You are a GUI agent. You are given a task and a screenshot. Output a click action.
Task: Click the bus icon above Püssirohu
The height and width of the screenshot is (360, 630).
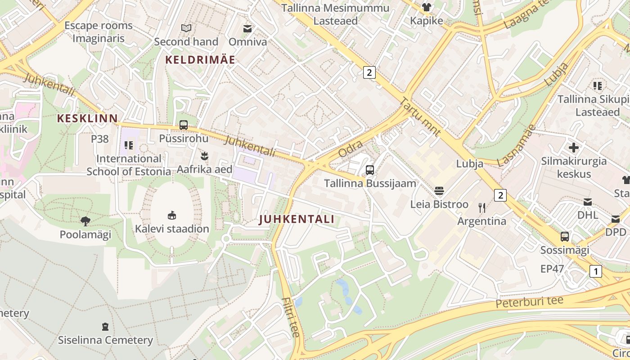point(184,125)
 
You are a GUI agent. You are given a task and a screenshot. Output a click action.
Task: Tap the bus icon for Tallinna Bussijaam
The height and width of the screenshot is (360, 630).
point(370,170)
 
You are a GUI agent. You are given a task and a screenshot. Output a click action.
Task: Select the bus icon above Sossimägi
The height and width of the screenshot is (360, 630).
point(565,236)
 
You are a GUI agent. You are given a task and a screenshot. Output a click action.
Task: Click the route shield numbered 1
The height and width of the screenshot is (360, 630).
point(595,271)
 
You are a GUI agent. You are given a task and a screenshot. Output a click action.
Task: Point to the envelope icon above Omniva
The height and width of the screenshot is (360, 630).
point(247,28)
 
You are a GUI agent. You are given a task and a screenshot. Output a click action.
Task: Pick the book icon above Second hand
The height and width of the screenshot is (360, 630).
point(186,28)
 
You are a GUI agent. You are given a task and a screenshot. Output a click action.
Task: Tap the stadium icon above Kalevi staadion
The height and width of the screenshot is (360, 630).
point(172,215)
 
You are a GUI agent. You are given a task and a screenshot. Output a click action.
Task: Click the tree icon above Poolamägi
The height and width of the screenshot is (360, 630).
point(85,221)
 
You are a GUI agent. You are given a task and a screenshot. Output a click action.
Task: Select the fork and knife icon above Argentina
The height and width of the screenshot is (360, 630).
point(482,207)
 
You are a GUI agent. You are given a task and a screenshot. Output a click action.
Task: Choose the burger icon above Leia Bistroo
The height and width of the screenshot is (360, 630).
point(439,191)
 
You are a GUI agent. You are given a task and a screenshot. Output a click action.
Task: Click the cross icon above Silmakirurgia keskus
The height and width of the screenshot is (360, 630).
point(574,147)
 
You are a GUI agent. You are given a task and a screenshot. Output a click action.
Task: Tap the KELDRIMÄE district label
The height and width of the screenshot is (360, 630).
point(200,59)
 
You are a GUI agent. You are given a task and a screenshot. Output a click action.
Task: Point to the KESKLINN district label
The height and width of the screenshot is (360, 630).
point(87,118)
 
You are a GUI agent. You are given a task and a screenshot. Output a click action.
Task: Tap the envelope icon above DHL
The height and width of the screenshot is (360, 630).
point(588,202)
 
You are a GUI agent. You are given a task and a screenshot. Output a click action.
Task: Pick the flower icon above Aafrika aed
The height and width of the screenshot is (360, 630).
point(205,156)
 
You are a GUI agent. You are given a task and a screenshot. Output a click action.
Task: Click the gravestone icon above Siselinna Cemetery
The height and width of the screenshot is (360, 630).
point(105,326)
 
